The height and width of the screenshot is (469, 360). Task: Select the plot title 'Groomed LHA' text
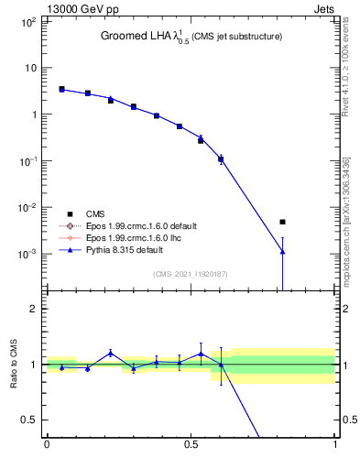138,37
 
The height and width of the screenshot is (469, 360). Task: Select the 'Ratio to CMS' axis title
15,364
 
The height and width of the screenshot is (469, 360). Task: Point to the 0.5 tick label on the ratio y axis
29,420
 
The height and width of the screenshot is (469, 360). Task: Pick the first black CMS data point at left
61,89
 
